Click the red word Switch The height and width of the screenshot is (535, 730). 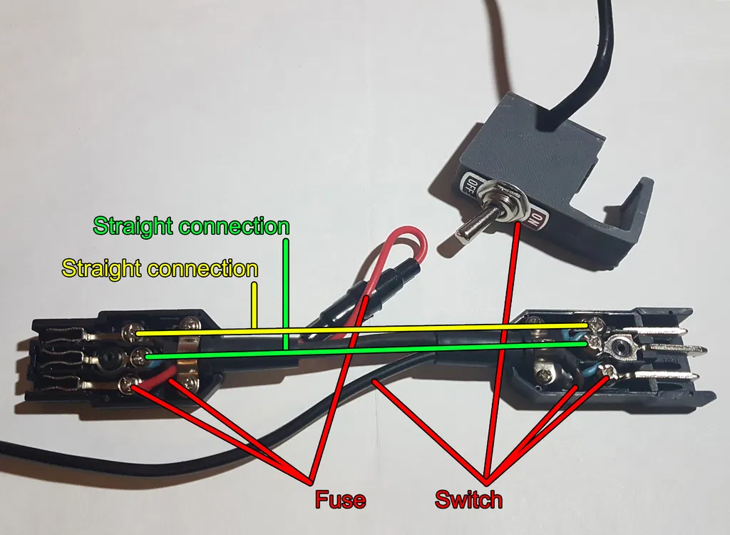468,499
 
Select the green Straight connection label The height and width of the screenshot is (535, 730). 191,227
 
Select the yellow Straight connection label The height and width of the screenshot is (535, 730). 160,269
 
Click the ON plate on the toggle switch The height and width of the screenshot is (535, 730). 538,221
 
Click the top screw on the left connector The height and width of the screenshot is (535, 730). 132,332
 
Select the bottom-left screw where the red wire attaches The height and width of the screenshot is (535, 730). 128,385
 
